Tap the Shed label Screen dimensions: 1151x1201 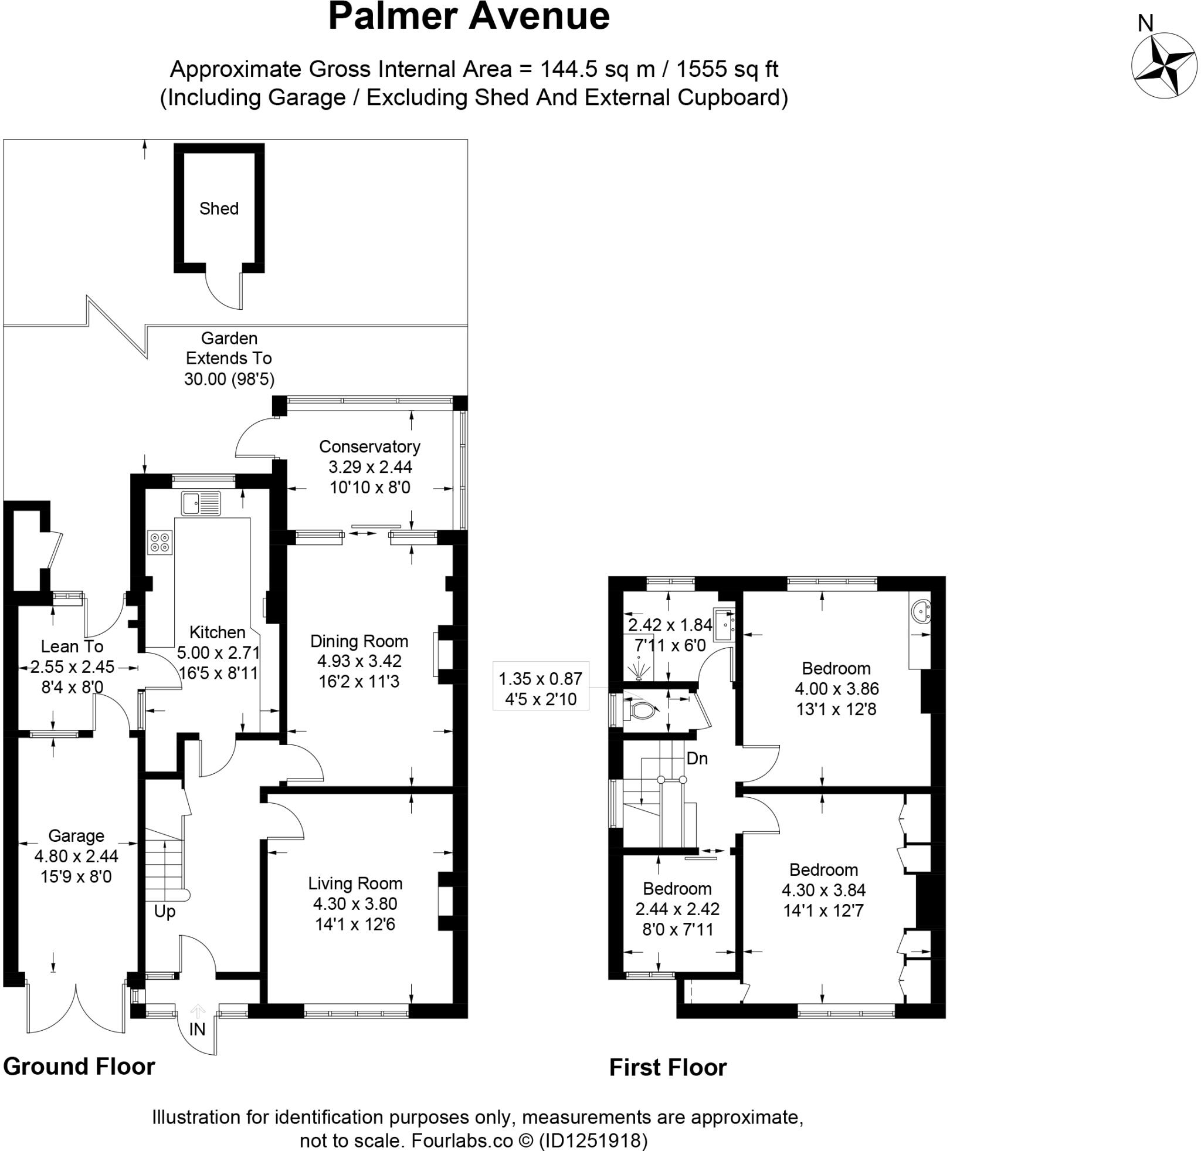[x=219, y=208]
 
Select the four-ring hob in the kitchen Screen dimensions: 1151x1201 [x=161, y=542]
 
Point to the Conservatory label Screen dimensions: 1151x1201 [x=369, y=446]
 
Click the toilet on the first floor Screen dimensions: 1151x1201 [x=641, y=710]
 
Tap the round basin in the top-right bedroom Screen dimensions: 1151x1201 [x=921, y=612]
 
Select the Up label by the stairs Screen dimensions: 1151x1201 [x=164, y=912]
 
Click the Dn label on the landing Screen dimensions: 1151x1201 [x=697, y=758]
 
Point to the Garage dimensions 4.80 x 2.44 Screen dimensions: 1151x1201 [x=76, y=856]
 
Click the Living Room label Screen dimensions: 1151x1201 [x=355, y=883]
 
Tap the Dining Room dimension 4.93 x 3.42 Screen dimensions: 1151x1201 [x=359, y=661]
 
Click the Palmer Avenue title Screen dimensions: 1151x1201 [x=469, y=16]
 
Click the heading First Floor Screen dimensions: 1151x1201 [x=667, y=1067]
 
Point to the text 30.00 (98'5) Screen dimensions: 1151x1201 [x=229, y=379]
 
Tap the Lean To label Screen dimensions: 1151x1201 [x=72, y=646]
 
